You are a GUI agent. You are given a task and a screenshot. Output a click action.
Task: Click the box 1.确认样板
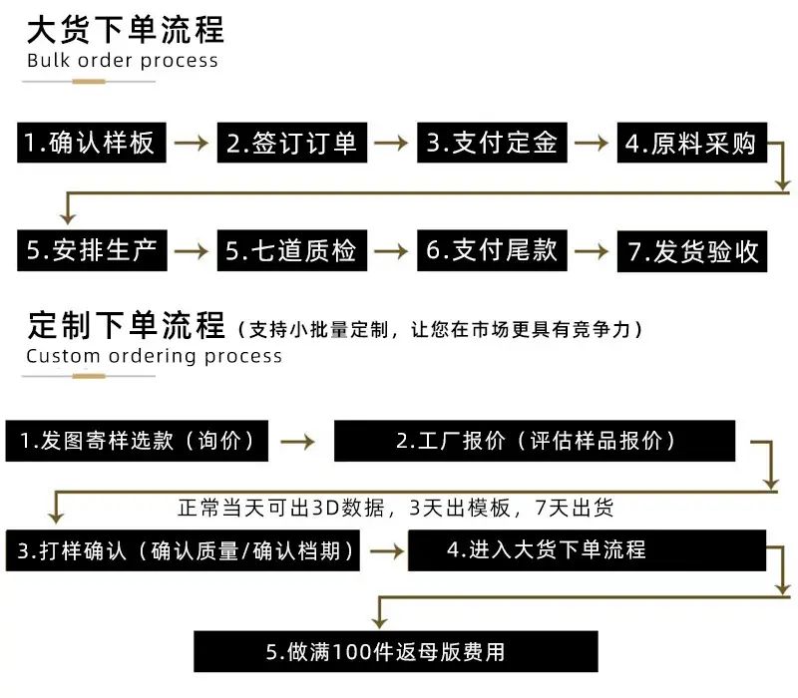tap(92, 143)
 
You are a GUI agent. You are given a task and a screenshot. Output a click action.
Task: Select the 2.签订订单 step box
tap(291, 143)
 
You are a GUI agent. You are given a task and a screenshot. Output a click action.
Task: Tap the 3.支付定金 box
tap(492, 143)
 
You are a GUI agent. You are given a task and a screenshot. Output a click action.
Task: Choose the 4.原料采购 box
tap(691, 143)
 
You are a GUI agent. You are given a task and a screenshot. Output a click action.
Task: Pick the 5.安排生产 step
tap(92, 250)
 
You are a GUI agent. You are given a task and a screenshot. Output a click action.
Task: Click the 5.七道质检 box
tap(291, 250)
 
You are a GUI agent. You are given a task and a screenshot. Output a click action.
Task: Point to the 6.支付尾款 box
tap(492, 250)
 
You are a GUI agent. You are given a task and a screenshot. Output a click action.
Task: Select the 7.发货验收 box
tap(691, 251)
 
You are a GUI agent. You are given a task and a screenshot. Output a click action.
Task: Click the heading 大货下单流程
tap(126, 30)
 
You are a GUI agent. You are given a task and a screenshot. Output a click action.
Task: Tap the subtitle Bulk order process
tap(123, 61)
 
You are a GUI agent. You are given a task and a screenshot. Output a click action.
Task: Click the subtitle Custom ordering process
tap(155, 356)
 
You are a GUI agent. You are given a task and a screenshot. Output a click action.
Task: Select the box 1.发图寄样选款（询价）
tap(137, 441)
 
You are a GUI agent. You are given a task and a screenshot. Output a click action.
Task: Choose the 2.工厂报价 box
tap(535, 441)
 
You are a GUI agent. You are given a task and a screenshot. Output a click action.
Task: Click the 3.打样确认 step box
tap(183, 550)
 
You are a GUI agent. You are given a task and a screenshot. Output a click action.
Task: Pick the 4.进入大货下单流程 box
tap(587, 550)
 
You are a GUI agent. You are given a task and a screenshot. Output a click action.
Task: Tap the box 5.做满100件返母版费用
tap(395, 651)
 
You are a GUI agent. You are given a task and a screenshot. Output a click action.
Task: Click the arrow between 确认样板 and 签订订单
tap(192, 143)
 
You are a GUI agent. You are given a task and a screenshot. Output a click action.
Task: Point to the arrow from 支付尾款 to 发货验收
tap(592, 251)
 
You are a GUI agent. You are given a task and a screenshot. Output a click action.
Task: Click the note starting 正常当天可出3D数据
tap(395, 508)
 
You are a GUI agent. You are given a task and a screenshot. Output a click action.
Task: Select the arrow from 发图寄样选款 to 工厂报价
tap(298, 441)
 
